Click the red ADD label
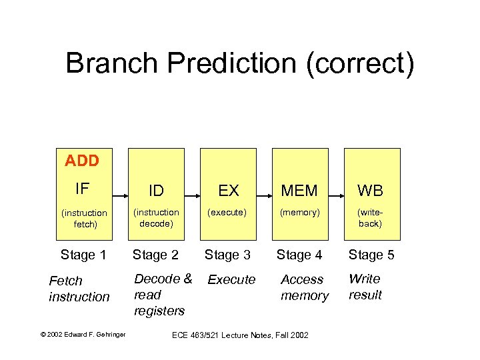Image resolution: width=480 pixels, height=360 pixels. [82, 161]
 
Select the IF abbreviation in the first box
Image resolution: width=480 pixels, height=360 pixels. [83, 189]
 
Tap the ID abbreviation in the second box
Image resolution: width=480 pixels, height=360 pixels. [156, 191]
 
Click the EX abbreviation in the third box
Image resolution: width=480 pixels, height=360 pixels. [228, 191]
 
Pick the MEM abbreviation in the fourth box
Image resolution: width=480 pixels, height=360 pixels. [299, 191]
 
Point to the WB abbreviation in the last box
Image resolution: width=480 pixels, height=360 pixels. [371, 191]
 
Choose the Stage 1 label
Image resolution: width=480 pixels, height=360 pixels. [83, 255]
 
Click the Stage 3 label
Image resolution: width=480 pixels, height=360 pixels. [227, 255]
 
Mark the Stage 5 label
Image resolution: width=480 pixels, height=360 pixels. [371, 255]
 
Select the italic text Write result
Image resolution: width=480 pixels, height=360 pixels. [365, 287]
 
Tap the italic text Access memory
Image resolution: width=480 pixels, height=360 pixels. [304, 287]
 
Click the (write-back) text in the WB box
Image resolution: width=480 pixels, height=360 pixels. [370, 218]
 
